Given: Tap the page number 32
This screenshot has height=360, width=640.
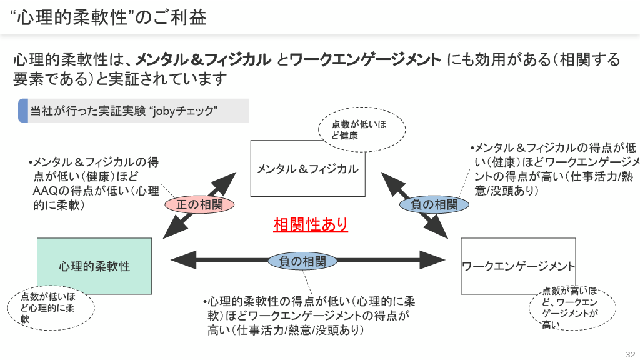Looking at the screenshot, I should point(629,351).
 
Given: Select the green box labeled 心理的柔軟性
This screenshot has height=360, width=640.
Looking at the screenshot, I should point(94,266).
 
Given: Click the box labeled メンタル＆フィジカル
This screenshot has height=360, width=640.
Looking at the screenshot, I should point(307,168).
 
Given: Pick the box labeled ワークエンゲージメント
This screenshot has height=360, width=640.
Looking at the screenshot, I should point(518,266).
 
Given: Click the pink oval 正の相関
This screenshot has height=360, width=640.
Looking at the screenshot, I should point(199,204).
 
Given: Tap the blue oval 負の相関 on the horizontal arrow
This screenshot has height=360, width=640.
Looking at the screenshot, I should point(302,261).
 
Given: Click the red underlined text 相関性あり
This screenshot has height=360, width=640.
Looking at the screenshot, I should point(310,224).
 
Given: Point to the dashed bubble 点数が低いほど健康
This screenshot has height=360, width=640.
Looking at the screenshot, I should point(362,129).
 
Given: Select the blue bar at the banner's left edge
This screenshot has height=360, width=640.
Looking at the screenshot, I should point(22,111).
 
